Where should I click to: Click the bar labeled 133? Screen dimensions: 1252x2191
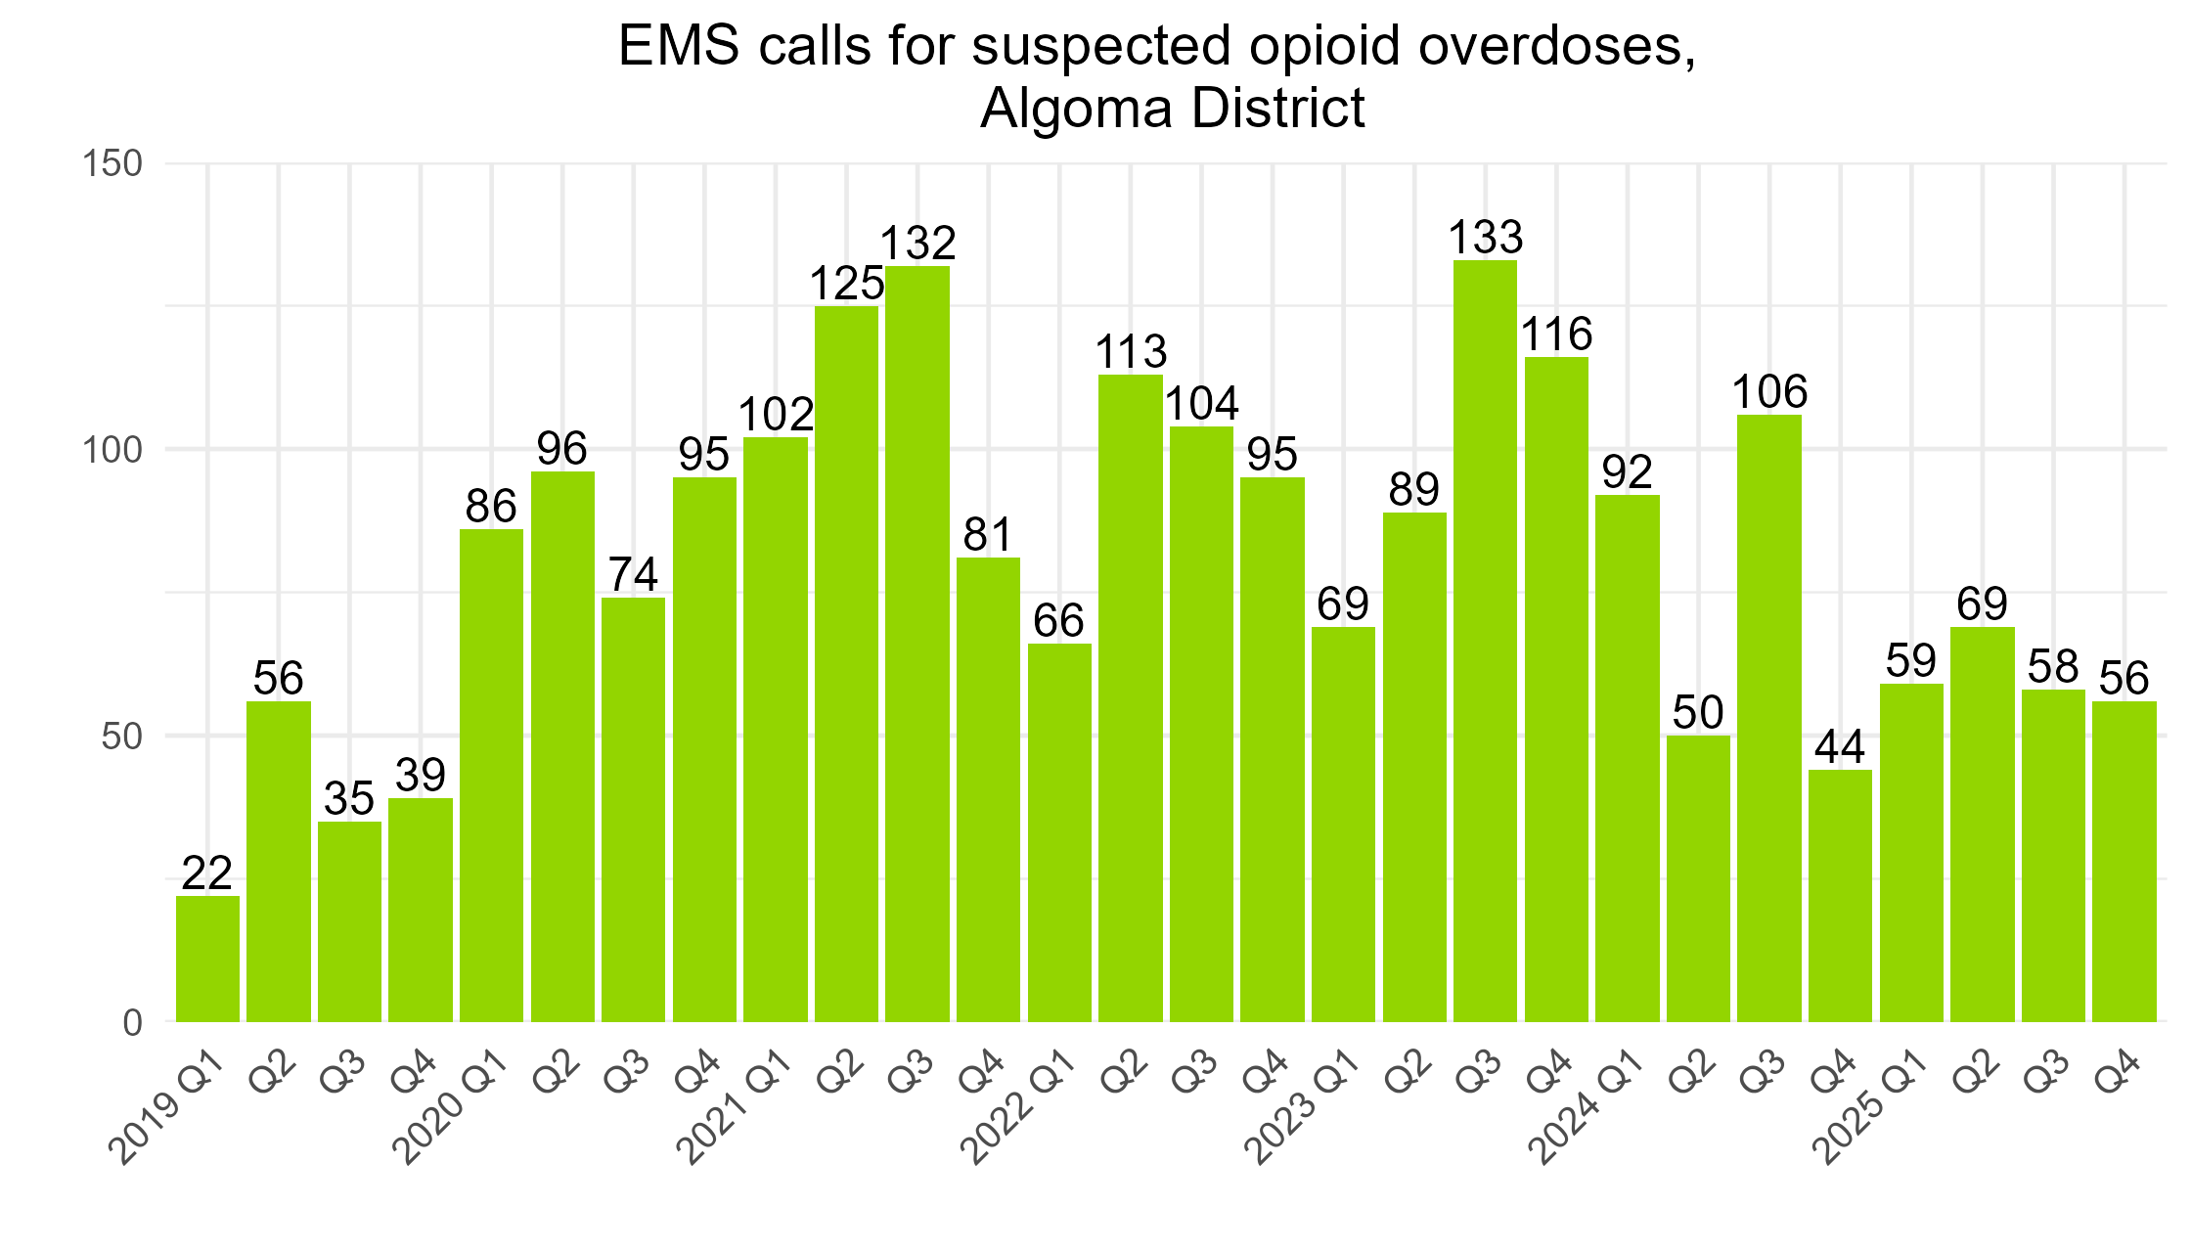(x=1485, y=641)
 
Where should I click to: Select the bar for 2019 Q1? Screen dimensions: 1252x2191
(x=207, y=959)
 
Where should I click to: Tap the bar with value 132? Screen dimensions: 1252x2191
(x=917, y=644)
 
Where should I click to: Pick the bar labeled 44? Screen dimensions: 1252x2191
(x=1840, y=895)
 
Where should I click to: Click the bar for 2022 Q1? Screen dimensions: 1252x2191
(x=1059, y=831)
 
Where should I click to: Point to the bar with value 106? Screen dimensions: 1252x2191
(x=1769, y=719)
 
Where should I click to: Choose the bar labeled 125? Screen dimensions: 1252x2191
(x=846, y=665)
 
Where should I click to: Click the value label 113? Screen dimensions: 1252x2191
(x=1131, y=352)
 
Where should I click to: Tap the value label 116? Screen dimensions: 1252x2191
(x=1557, y=335)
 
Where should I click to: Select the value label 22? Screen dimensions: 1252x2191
(x=207, y=872)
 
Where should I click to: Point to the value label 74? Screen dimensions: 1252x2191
(x=633, y=574)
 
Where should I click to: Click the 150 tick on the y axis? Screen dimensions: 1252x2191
(x=113, y=163)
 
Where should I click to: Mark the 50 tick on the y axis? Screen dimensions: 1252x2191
(x=123, y=736)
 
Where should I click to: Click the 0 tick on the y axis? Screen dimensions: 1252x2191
(x=133, y=1022)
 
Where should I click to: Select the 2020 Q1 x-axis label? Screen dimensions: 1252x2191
(x=458, y=1110)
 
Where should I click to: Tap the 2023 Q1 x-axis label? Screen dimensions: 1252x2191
(x=1309, y=1110)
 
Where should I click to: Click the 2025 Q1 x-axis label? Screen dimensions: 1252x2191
(x=1877, y=1110)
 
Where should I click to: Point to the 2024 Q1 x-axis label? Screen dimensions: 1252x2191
(x=1593, y=1110)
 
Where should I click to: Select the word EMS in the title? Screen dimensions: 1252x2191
(x=679, y=46)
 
